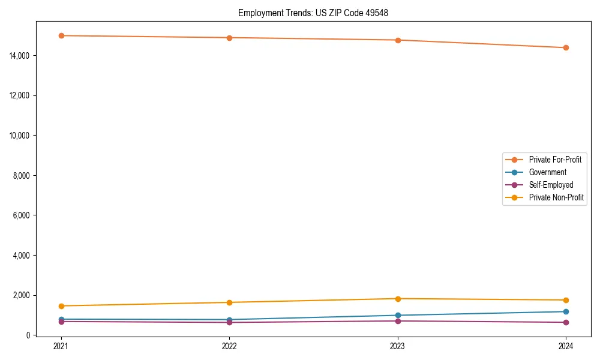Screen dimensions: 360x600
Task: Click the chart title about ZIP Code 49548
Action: tap(313, 13)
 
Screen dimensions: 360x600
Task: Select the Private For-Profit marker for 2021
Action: tap(61, 35)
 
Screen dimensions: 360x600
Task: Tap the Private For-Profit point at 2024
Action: tap(566, 47)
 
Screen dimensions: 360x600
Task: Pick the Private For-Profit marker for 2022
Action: tap(229, 38)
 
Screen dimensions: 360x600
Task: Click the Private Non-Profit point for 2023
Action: tap(398, 299)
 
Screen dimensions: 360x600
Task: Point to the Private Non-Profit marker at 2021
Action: tap(61, 306)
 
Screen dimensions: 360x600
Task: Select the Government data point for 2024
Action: tap(566, 311)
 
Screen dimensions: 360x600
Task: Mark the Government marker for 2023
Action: tap(398, 315)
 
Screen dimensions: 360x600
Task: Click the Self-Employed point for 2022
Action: tap(229, 322)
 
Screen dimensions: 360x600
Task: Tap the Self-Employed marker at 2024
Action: tap(566, 322)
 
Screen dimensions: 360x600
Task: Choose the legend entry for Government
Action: tap(547, 172)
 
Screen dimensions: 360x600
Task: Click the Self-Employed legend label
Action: tap(551, 185)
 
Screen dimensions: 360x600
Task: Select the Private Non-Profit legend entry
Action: tap(556, 197)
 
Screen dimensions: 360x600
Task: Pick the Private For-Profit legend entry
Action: tap(555, 160)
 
